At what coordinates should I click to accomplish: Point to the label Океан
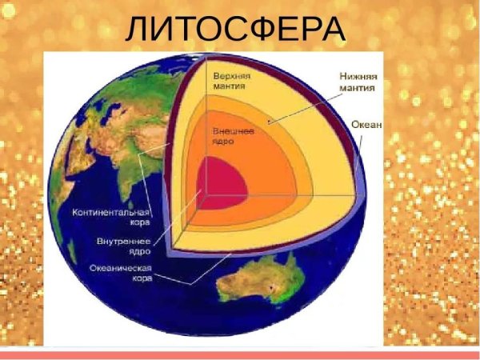(x=366, y=126)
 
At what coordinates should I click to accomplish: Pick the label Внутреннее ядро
(x=121, y=246)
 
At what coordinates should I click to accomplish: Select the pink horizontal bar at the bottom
(x=240, y=354)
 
